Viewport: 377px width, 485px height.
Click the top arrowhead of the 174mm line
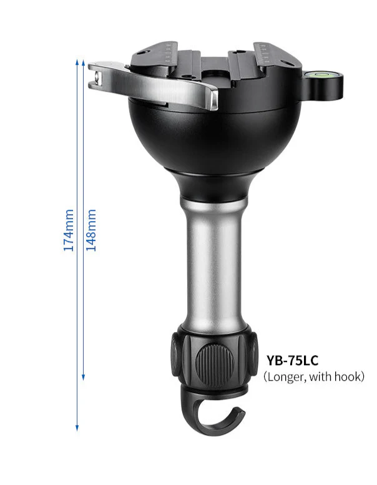[77, 61]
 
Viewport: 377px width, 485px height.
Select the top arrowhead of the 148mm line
[84, 61]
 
